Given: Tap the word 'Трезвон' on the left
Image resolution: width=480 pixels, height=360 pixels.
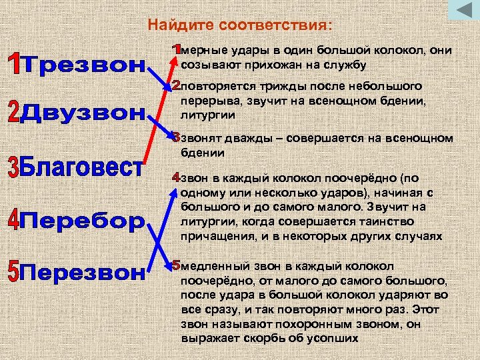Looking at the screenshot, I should pos(83,66).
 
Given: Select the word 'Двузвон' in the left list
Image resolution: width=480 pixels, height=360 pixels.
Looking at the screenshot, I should pos(83,114).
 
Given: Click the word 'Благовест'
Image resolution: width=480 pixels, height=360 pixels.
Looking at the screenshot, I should pos(83,166).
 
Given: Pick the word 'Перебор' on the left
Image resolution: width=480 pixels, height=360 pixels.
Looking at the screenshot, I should pos(83,220).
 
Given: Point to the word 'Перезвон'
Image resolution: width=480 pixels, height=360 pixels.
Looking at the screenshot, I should pos(83,272).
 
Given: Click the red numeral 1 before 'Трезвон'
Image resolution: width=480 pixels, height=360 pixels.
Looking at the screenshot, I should pos(15,65).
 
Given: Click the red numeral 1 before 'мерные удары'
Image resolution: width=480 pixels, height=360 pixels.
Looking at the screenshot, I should pos(176,50).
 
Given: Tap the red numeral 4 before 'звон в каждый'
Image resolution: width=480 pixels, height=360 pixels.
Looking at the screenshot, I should pos(176,179).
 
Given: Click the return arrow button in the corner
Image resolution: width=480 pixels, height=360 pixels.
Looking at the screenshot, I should pos(460,11).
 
